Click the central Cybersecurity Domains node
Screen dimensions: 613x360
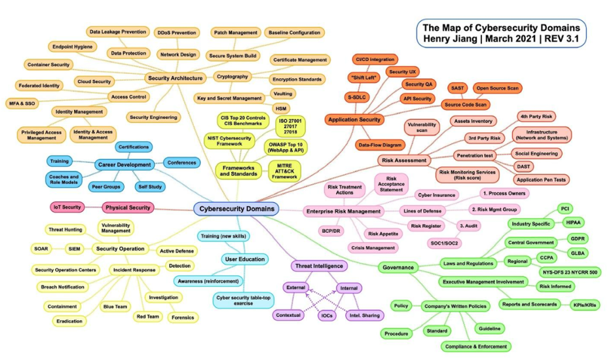point(236,209)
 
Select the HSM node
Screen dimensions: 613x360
point(281,109)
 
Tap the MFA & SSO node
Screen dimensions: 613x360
point(22,103)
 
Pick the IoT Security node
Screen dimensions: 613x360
point(67,207)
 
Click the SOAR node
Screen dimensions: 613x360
point(41,249)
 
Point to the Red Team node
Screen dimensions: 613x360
point(148,317)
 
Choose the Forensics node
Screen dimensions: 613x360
point(183,317)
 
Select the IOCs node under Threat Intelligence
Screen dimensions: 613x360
point(327,315)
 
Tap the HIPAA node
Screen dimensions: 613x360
point(573,223)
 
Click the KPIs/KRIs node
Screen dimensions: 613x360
point(584,305)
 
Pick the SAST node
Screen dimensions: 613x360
point(457,88)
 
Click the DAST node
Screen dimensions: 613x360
point(523,166)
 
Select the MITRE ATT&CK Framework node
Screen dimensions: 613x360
point(284,171)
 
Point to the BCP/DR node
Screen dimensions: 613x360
point(331,231)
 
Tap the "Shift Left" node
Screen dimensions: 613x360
point(363,77)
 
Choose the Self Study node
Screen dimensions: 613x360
point(150,187)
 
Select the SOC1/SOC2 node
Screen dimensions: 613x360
point(444,243)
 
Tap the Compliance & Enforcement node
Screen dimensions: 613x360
point(475,347)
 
